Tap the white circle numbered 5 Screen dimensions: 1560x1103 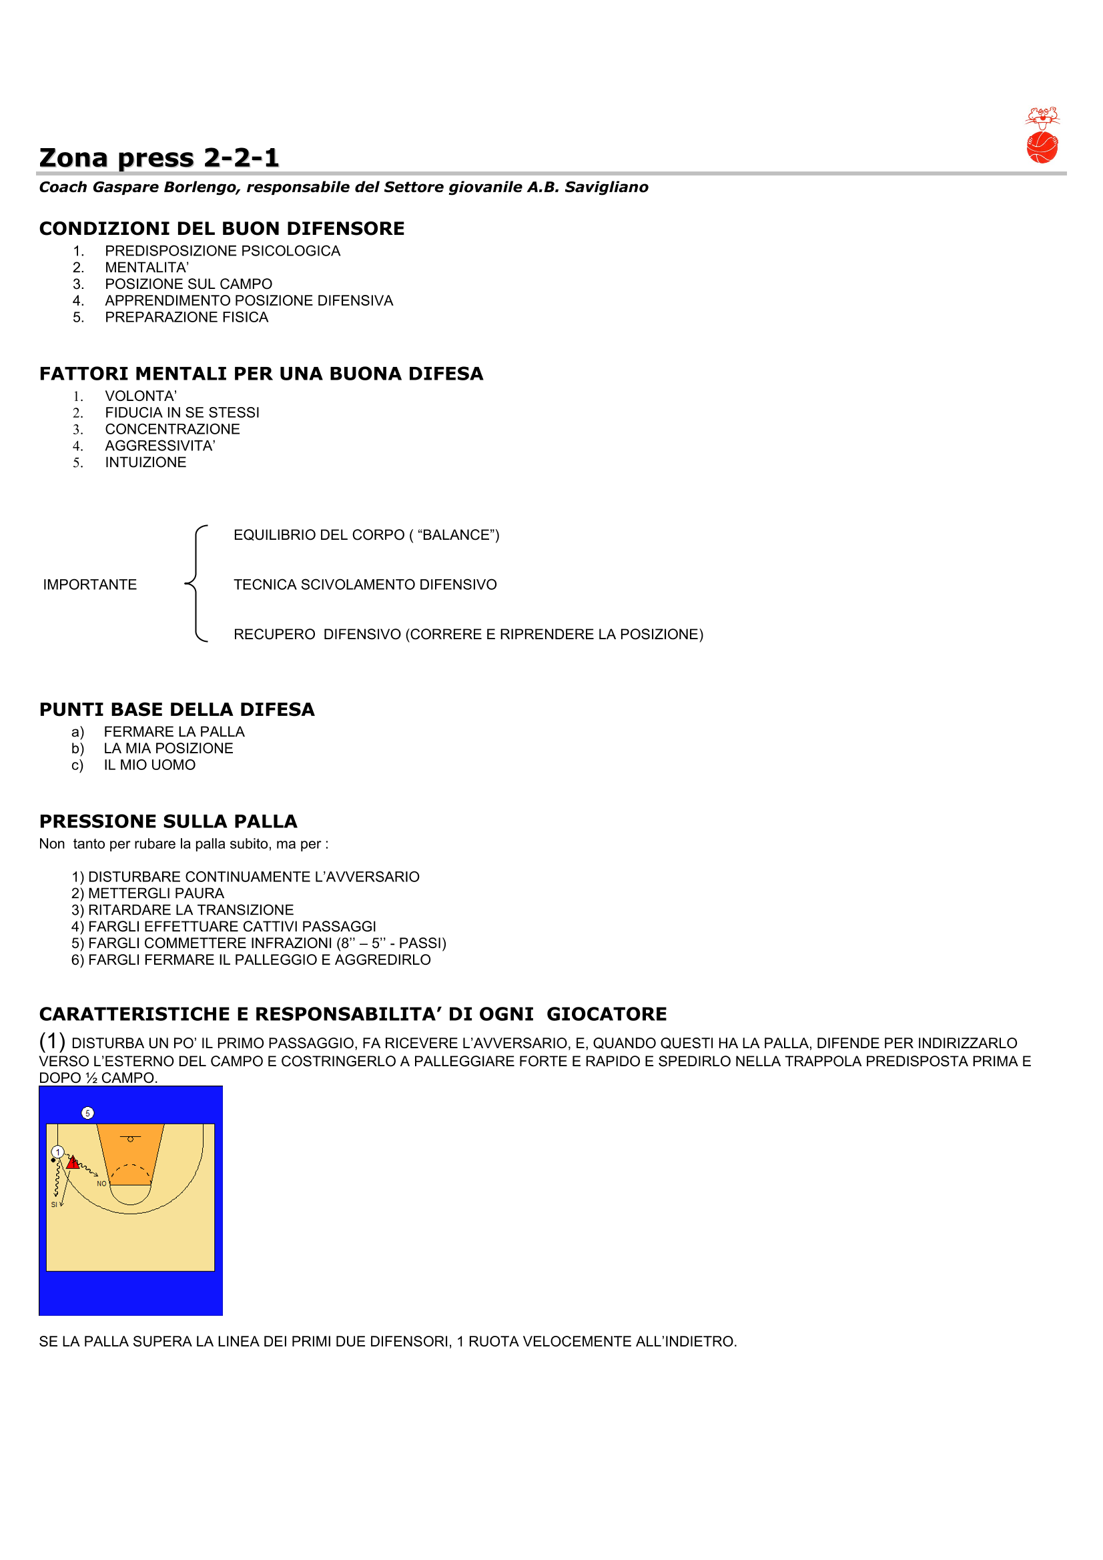(87, 1113)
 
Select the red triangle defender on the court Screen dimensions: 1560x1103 (73, 1162)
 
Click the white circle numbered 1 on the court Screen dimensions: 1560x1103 (58, 1152)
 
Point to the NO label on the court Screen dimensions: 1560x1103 (101, 1184)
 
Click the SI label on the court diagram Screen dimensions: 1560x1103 (54, 1204)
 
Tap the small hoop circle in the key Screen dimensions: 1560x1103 (131, 1140)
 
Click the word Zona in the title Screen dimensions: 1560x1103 (73, 158)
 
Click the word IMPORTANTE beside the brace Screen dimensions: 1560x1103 (89, 585)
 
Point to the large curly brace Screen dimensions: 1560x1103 (196, 584)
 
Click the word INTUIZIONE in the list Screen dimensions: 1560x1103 (145, 462)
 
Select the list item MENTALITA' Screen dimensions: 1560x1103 (147, 268)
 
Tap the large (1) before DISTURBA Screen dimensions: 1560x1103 (52, 1041)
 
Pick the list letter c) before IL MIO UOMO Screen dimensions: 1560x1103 (77, 766)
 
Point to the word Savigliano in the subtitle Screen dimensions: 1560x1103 (606, 187)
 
